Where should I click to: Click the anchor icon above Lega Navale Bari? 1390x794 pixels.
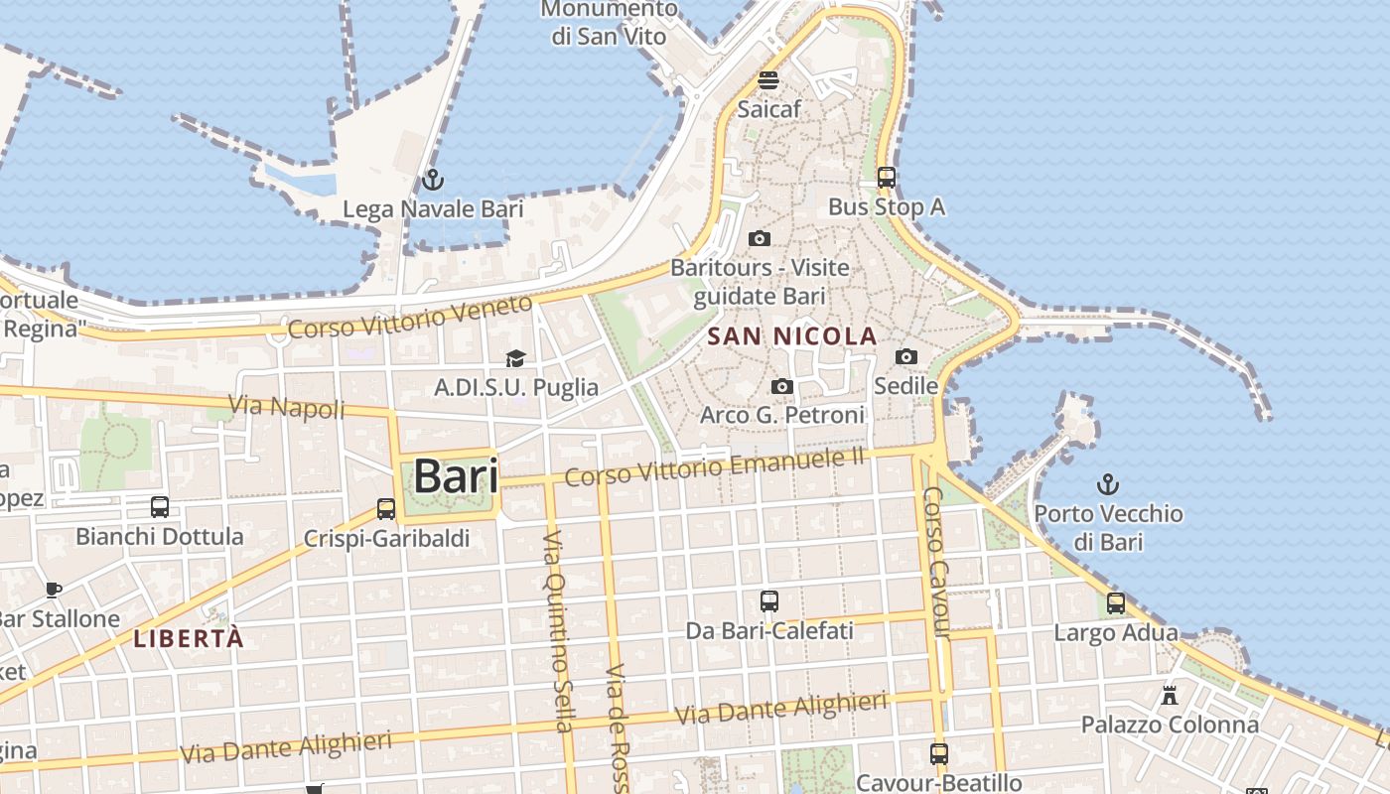(432, 180)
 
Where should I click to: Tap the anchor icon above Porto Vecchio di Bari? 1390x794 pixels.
(1107, 484)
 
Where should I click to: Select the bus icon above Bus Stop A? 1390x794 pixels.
(887, 178)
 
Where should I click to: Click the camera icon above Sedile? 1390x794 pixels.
(906, 356)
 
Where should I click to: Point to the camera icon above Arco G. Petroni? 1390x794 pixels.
(782, 386)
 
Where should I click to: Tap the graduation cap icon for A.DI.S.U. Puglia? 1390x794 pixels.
(515, 358)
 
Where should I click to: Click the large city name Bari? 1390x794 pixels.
(456, 475)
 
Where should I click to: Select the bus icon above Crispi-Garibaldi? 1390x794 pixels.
(386, 509)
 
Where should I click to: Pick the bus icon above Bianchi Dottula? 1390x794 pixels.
(160, 507)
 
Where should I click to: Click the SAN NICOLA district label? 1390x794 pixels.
(792, 336)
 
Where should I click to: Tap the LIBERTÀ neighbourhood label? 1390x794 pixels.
(189, 638)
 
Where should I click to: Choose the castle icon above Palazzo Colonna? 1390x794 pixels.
(1170, 695)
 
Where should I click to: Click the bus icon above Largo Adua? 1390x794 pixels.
(1116, 603)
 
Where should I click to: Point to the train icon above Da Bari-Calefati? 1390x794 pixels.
(769, 601)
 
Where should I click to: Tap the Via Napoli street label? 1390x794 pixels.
(287, 406)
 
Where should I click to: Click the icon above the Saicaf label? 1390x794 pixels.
(768, 80)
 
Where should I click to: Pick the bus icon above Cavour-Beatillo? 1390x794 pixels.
(939, 753)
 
